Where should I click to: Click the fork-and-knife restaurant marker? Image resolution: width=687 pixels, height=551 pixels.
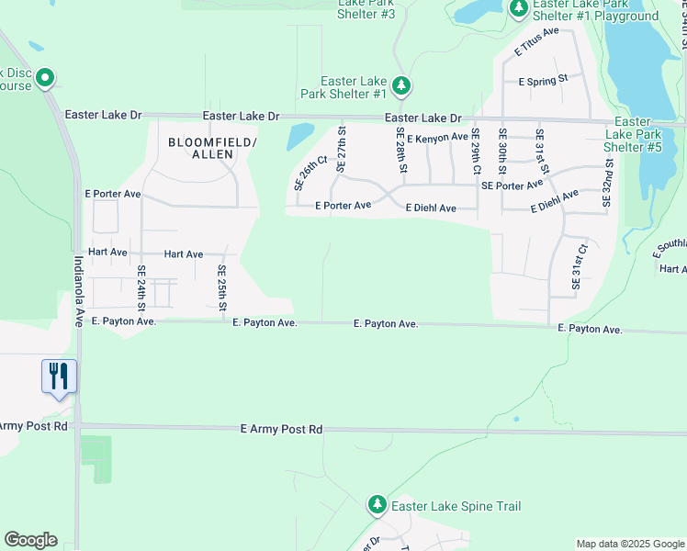pos(58,376)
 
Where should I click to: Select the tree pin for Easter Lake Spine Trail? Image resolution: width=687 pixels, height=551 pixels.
pos(377,505)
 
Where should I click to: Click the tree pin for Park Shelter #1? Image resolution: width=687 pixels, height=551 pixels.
pos(400,86)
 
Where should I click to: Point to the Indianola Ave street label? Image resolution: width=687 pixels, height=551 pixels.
pos(79,288)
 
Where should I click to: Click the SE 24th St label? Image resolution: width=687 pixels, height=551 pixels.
pos(141,287)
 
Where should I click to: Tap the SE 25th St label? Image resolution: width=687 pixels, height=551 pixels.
pos(222,287)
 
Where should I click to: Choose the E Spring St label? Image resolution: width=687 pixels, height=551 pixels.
pos(544,82)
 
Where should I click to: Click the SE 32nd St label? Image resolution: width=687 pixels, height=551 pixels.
pos(607,182)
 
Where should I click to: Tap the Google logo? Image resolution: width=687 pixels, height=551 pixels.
pos(30,540)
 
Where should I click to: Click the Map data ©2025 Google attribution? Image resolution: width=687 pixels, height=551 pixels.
pos(629,544)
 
